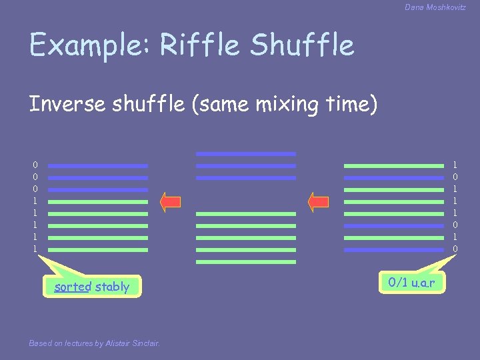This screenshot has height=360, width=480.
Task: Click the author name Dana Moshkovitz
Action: [435, 7]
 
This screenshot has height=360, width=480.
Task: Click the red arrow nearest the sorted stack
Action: [171, 201]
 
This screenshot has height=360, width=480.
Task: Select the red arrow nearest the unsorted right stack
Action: [319, 201]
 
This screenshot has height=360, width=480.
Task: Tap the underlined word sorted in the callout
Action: [73, 287]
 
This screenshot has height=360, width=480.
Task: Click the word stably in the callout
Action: [112, 287]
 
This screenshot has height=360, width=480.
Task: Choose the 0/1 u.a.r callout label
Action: [411, 282]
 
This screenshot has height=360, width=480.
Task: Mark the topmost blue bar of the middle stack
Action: [246, 153]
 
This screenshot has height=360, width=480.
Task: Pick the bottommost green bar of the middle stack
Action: [246, 262]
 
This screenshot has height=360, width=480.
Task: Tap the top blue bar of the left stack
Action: [98, 165]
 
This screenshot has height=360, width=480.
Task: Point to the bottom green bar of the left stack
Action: [98, 250]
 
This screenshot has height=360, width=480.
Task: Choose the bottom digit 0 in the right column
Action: [455, 249]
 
